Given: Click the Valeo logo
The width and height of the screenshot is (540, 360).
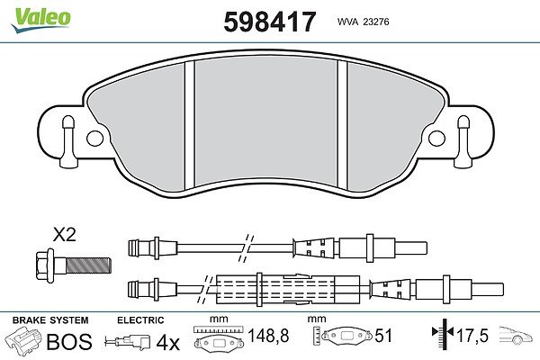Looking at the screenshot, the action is [x=40, y=20].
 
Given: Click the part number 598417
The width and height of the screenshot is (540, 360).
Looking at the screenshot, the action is [x=270, y=22].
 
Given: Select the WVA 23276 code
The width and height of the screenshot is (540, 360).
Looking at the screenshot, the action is [x=363, y=22].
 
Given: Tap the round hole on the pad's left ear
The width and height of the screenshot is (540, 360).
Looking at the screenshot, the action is [x=95, y=139].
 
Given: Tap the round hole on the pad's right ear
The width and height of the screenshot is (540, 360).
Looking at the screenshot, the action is [x=436, y=139].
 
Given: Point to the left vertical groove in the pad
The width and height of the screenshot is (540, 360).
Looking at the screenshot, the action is [x=190, y=125].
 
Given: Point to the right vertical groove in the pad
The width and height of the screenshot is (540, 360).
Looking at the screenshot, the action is [x=343, y=125].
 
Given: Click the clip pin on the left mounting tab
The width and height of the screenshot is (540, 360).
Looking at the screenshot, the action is [x=67, y=141].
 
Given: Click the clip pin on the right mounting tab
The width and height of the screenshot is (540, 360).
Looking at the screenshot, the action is [x=463, y=141].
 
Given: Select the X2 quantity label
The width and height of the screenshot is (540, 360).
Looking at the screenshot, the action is [x=64, y=235].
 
